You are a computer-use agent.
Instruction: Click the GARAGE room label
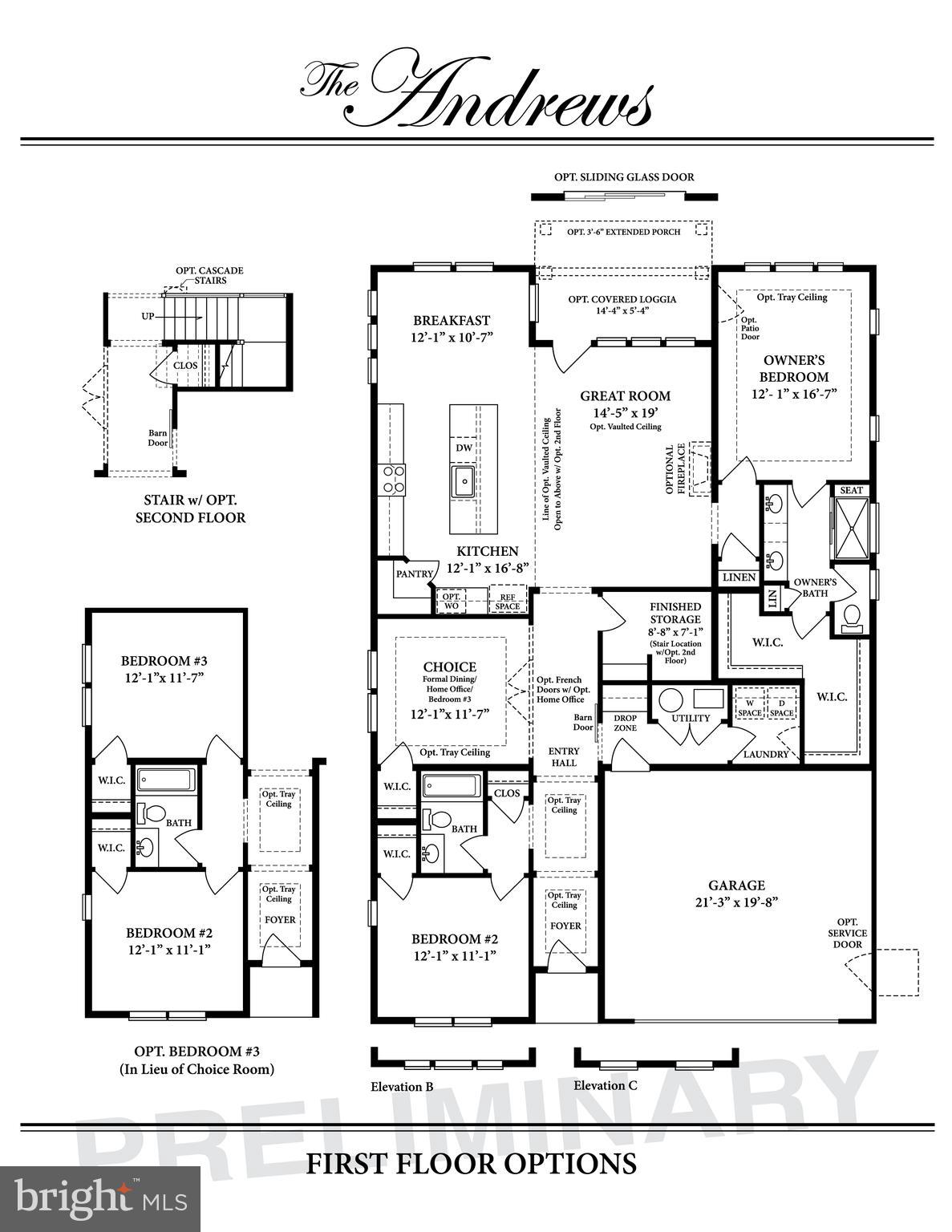[735, 885]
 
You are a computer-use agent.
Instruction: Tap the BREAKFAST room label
[451, 321]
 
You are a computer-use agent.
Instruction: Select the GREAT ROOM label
[625, 395]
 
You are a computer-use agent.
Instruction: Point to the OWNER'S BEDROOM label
[794, 369]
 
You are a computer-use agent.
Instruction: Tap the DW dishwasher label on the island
[464, 448]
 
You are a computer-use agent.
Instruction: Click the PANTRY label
[415, 573]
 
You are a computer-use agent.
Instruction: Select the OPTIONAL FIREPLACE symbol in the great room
[701, 468]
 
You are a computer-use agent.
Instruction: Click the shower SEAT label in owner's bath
[851, 490]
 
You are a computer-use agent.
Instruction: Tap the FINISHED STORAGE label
[675, 613]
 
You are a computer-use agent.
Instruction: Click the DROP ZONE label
[625, 723]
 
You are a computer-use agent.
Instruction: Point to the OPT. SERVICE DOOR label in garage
[847, 933]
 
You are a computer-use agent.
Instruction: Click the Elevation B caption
[402, 1087]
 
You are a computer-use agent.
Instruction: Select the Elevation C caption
[606, 1085]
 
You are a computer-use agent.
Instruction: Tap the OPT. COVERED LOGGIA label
[622, 299]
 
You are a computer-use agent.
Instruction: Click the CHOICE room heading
[449, 667]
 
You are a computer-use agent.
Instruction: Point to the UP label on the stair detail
[148, 317]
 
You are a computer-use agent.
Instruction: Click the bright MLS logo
[100, 1200]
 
